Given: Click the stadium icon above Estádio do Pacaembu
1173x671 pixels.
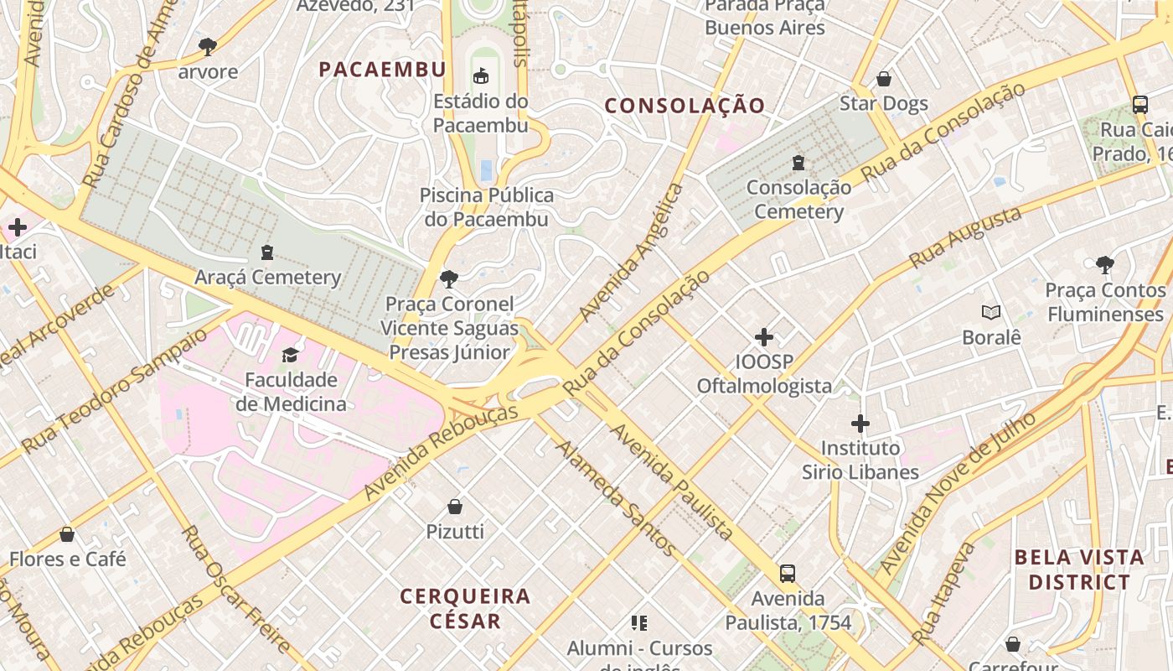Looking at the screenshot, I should coord(480,76).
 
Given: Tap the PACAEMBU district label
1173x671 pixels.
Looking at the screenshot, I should coord(382,70).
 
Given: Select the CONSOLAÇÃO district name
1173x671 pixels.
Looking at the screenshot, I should coord(685,106).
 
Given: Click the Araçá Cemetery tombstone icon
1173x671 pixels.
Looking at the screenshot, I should coord(267,252).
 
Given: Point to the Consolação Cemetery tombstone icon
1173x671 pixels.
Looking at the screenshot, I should coord(798,162).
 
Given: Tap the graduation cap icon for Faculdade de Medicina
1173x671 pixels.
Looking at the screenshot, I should coord(290,355).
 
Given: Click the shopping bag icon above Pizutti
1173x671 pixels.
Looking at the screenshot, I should coord(455,506).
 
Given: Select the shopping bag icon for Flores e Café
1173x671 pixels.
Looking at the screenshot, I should coord(67,534).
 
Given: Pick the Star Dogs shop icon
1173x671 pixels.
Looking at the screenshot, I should coord(883,79).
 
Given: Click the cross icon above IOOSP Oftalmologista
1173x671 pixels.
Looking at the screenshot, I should coord(764,337).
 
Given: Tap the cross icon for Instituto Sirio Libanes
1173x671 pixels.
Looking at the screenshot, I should coord(860,424).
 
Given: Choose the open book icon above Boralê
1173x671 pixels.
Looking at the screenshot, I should coord(991,313).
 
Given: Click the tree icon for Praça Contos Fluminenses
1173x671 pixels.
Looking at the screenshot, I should coord(1105,265).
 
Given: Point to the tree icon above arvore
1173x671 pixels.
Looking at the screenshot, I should coord(208,46).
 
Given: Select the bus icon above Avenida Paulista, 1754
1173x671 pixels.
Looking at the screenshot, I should coord(788,574).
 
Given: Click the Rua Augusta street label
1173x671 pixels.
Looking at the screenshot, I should coord(965,237).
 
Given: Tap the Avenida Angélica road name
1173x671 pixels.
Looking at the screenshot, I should coord(633,252).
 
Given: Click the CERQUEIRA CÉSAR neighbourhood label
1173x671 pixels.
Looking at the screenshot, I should coord(465,609).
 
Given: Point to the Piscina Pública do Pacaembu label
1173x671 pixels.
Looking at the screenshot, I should coord(486,207).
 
